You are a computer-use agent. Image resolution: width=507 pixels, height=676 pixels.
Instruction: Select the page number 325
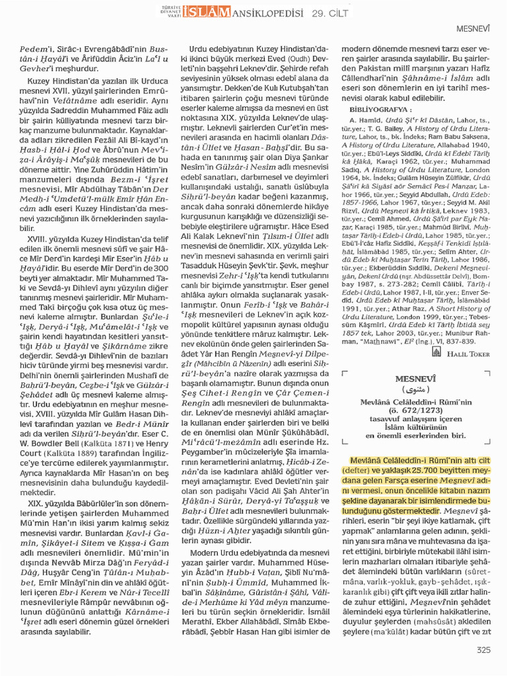483,650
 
